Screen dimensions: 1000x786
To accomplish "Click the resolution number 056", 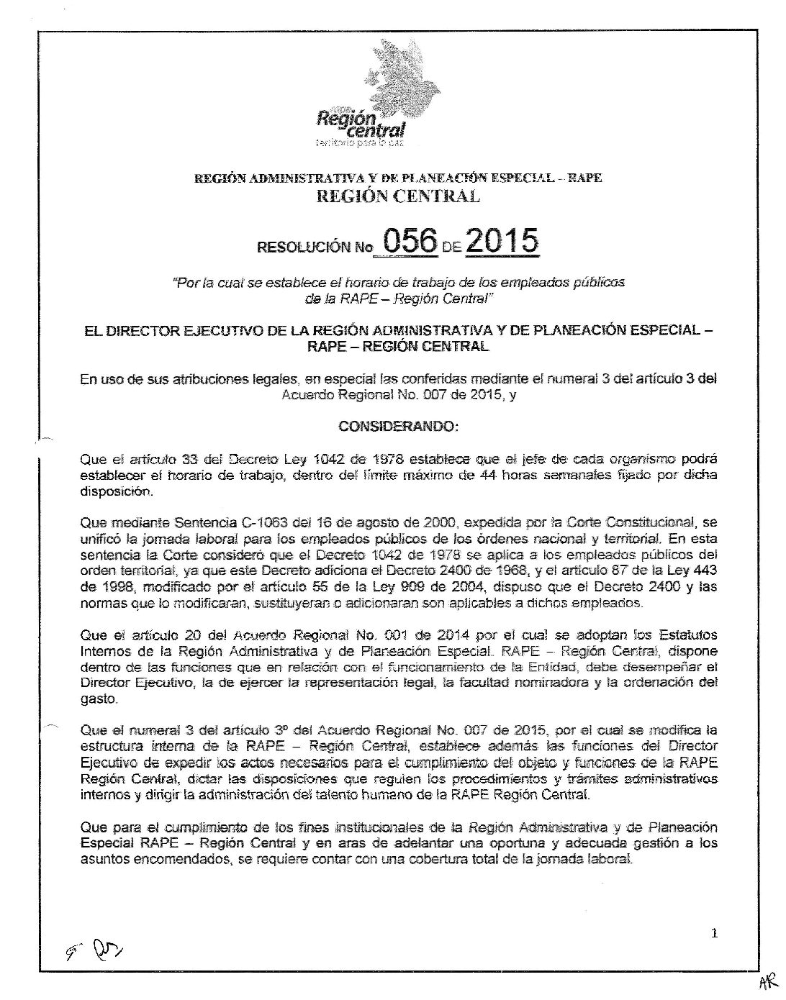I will [410, 240].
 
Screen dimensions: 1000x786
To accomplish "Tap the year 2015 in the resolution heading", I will [502, 240].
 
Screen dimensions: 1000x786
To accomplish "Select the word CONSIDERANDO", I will [397, 427].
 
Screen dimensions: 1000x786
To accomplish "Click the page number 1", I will [713, 935].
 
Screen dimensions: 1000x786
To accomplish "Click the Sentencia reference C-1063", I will [226, 522].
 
